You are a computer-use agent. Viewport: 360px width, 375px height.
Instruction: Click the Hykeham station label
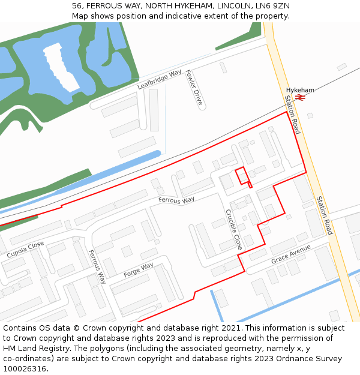pos(300,90)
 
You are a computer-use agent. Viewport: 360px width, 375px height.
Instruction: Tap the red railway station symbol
pos(301,98)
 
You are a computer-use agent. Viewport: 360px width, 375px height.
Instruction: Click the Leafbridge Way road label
pos(159,80)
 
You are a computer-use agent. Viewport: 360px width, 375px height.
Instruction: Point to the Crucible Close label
pos(233,229)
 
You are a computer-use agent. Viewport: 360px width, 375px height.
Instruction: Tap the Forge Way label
pos(139,270)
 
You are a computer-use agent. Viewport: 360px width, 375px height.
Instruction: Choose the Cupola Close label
pos(25,250)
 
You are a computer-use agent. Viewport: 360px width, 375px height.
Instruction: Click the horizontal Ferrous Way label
pos(176,200)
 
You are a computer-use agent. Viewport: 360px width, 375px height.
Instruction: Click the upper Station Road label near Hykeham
pos(292,115)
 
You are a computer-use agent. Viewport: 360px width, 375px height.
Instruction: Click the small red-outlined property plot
pos(242,175)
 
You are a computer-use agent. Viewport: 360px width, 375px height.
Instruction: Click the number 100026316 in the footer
pos(25,368)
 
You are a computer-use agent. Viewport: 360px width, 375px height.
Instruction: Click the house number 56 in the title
pos(77,5)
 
